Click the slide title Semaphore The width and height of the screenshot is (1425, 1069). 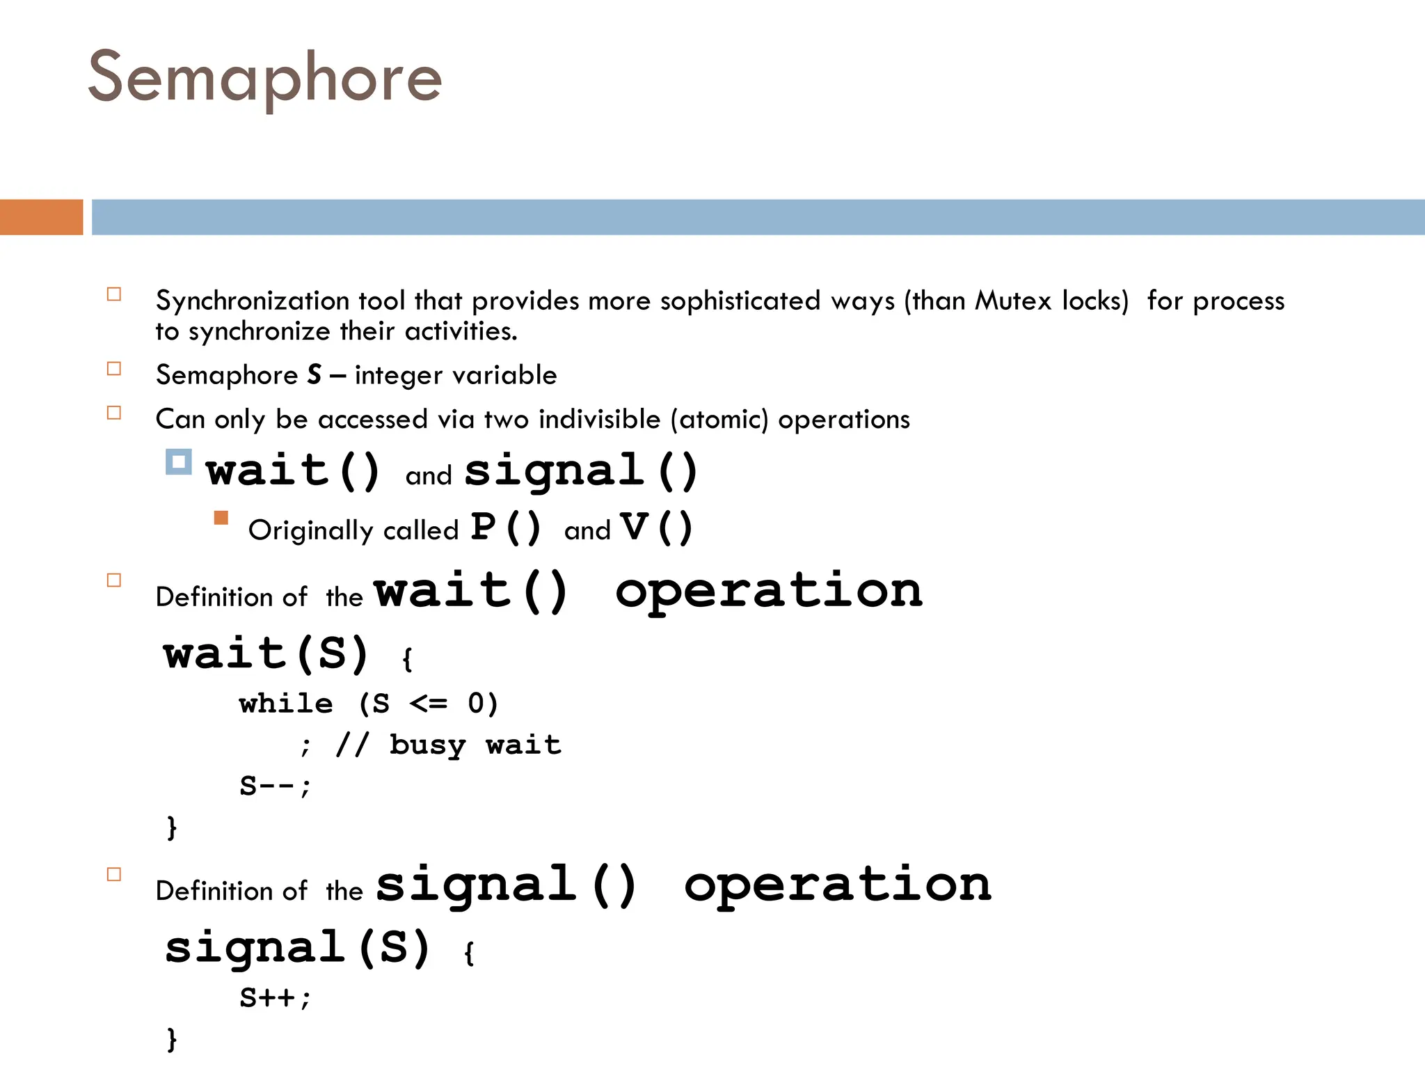pyautogui.click(x=264, y=78)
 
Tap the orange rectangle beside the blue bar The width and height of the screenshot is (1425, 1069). pyautogui.click(x=41, y=217)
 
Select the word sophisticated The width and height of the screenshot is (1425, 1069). pyautogui.click(x=740, y=301)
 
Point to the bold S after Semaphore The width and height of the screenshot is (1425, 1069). pyautogui.click(x=315, y=375)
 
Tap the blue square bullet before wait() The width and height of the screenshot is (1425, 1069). pyautogui.click(x=178, y=462)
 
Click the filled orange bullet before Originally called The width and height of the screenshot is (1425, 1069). pyautogui.click(x=221, y=518)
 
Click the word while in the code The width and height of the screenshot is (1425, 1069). pyautogui.click(x=286, y=704)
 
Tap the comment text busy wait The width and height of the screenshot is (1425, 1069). pyautogui.click(x=475, y=745)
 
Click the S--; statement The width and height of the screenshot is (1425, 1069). pyautogui.click(x=276, y=786)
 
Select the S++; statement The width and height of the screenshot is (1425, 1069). pyautogui.click(x=276, y=998)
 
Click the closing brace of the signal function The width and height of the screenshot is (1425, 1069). pyautogui.click(x=172, y=1039)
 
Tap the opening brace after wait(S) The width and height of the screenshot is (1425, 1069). pyautogui.click(x=407, y=659)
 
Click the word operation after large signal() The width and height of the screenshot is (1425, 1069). pyautogui.click(x=838, y=885)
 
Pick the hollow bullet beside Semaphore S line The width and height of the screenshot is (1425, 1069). pyautogui.click(x=114, y=369)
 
